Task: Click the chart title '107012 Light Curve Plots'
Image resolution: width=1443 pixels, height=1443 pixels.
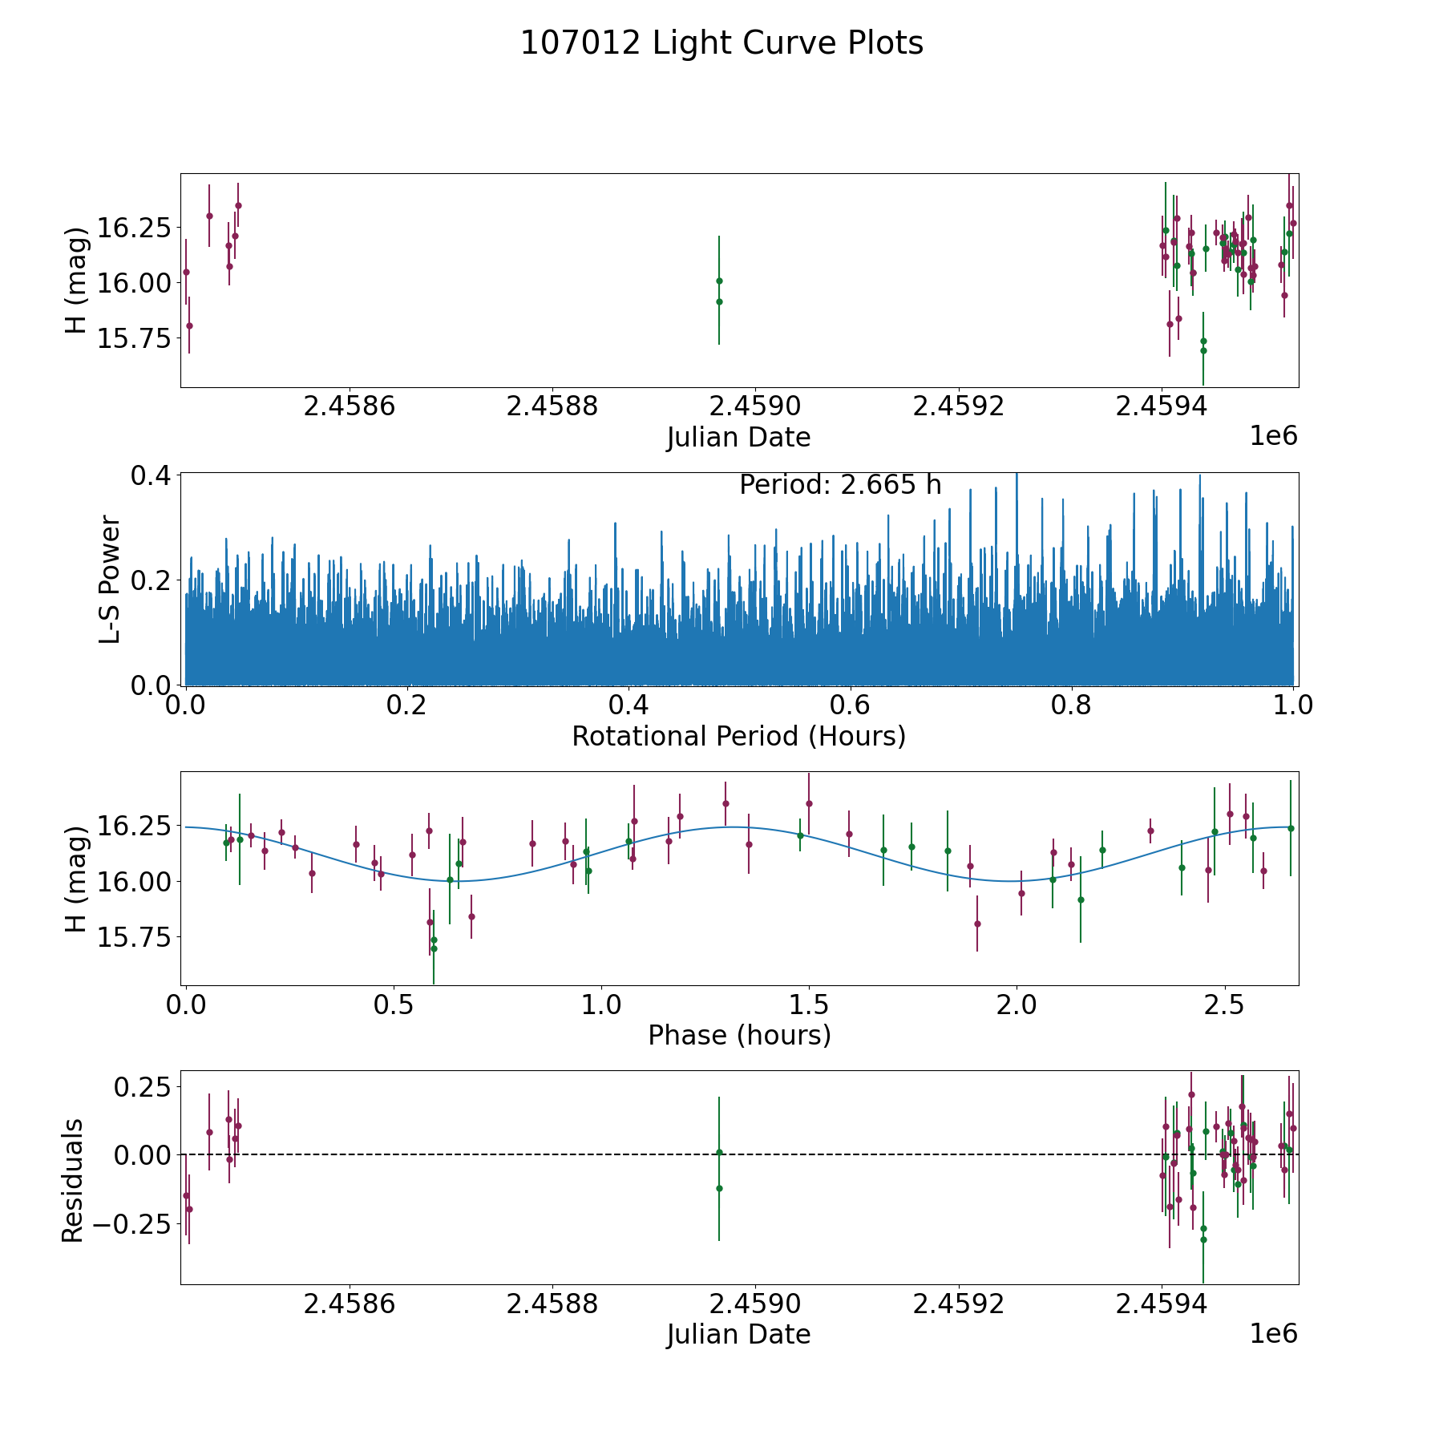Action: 721,43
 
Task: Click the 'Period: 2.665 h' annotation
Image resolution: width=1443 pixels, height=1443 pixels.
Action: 840,485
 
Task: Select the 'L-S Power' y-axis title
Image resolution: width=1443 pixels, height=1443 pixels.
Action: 110,580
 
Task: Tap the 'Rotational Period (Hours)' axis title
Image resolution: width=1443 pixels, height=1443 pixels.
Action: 739,736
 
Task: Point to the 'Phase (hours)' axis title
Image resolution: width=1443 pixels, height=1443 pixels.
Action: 739,1035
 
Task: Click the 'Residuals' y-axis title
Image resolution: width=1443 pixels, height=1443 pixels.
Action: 73,1180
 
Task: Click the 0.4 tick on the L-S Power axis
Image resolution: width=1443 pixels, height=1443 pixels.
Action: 151,475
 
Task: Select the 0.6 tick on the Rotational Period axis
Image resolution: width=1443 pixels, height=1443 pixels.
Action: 850,705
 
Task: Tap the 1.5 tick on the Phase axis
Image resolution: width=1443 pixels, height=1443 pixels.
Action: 809,1004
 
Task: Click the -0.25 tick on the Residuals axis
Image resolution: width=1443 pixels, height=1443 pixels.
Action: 132,1223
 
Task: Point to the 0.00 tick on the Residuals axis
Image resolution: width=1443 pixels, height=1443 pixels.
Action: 143,1155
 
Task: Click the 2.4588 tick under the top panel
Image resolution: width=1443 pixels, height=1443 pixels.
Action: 552,406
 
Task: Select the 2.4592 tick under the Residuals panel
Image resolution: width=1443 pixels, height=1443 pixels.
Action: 959,1304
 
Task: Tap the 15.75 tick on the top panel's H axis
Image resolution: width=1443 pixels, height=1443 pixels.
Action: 134,338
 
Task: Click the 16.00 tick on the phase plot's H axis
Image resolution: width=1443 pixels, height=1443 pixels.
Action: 134,882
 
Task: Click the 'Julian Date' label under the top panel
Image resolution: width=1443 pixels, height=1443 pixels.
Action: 739,438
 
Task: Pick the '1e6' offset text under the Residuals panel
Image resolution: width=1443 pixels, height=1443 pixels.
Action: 1274,1333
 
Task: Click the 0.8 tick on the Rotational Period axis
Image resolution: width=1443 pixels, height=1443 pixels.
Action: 1072,705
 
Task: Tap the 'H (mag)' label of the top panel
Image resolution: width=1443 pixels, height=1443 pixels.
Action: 75,281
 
